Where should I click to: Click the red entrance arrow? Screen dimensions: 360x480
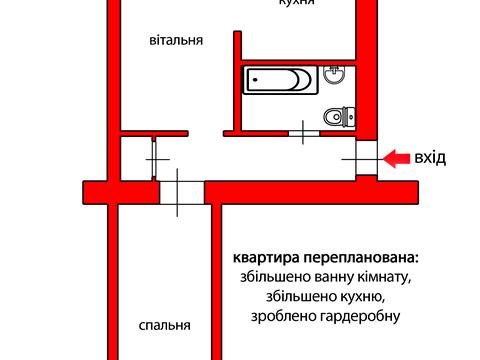396,158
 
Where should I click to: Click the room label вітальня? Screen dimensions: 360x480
176,42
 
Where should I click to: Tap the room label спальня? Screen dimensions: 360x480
164,326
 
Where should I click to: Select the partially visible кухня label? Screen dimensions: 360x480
297,3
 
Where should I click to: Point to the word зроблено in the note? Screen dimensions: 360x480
276,315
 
